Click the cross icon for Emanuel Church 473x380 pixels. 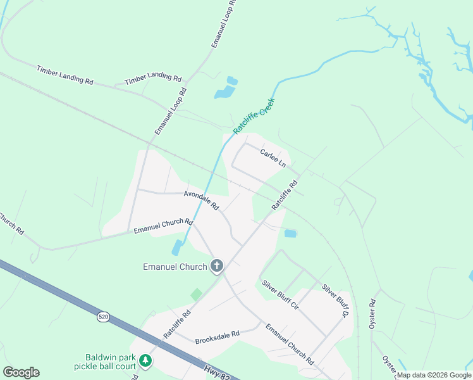(217, 266)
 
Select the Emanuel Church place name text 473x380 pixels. (175, 267)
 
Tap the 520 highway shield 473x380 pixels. (103, 315)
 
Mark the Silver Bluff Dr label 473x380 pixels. (335, 300)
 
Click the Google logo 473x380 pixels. (21, 372)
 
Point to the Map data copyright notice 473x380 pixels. (434, 375)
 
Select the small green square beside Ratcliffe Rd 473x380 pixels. (197, 294)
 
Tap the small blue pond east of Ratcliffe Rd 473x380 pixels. (290, 234)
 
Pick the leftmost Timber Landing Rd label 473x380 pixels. (64, 75)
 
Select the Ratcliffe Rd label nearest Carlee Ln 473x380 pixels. (285, 196)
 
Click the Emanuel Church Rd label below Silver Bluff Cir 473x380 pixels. (290, 343)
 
